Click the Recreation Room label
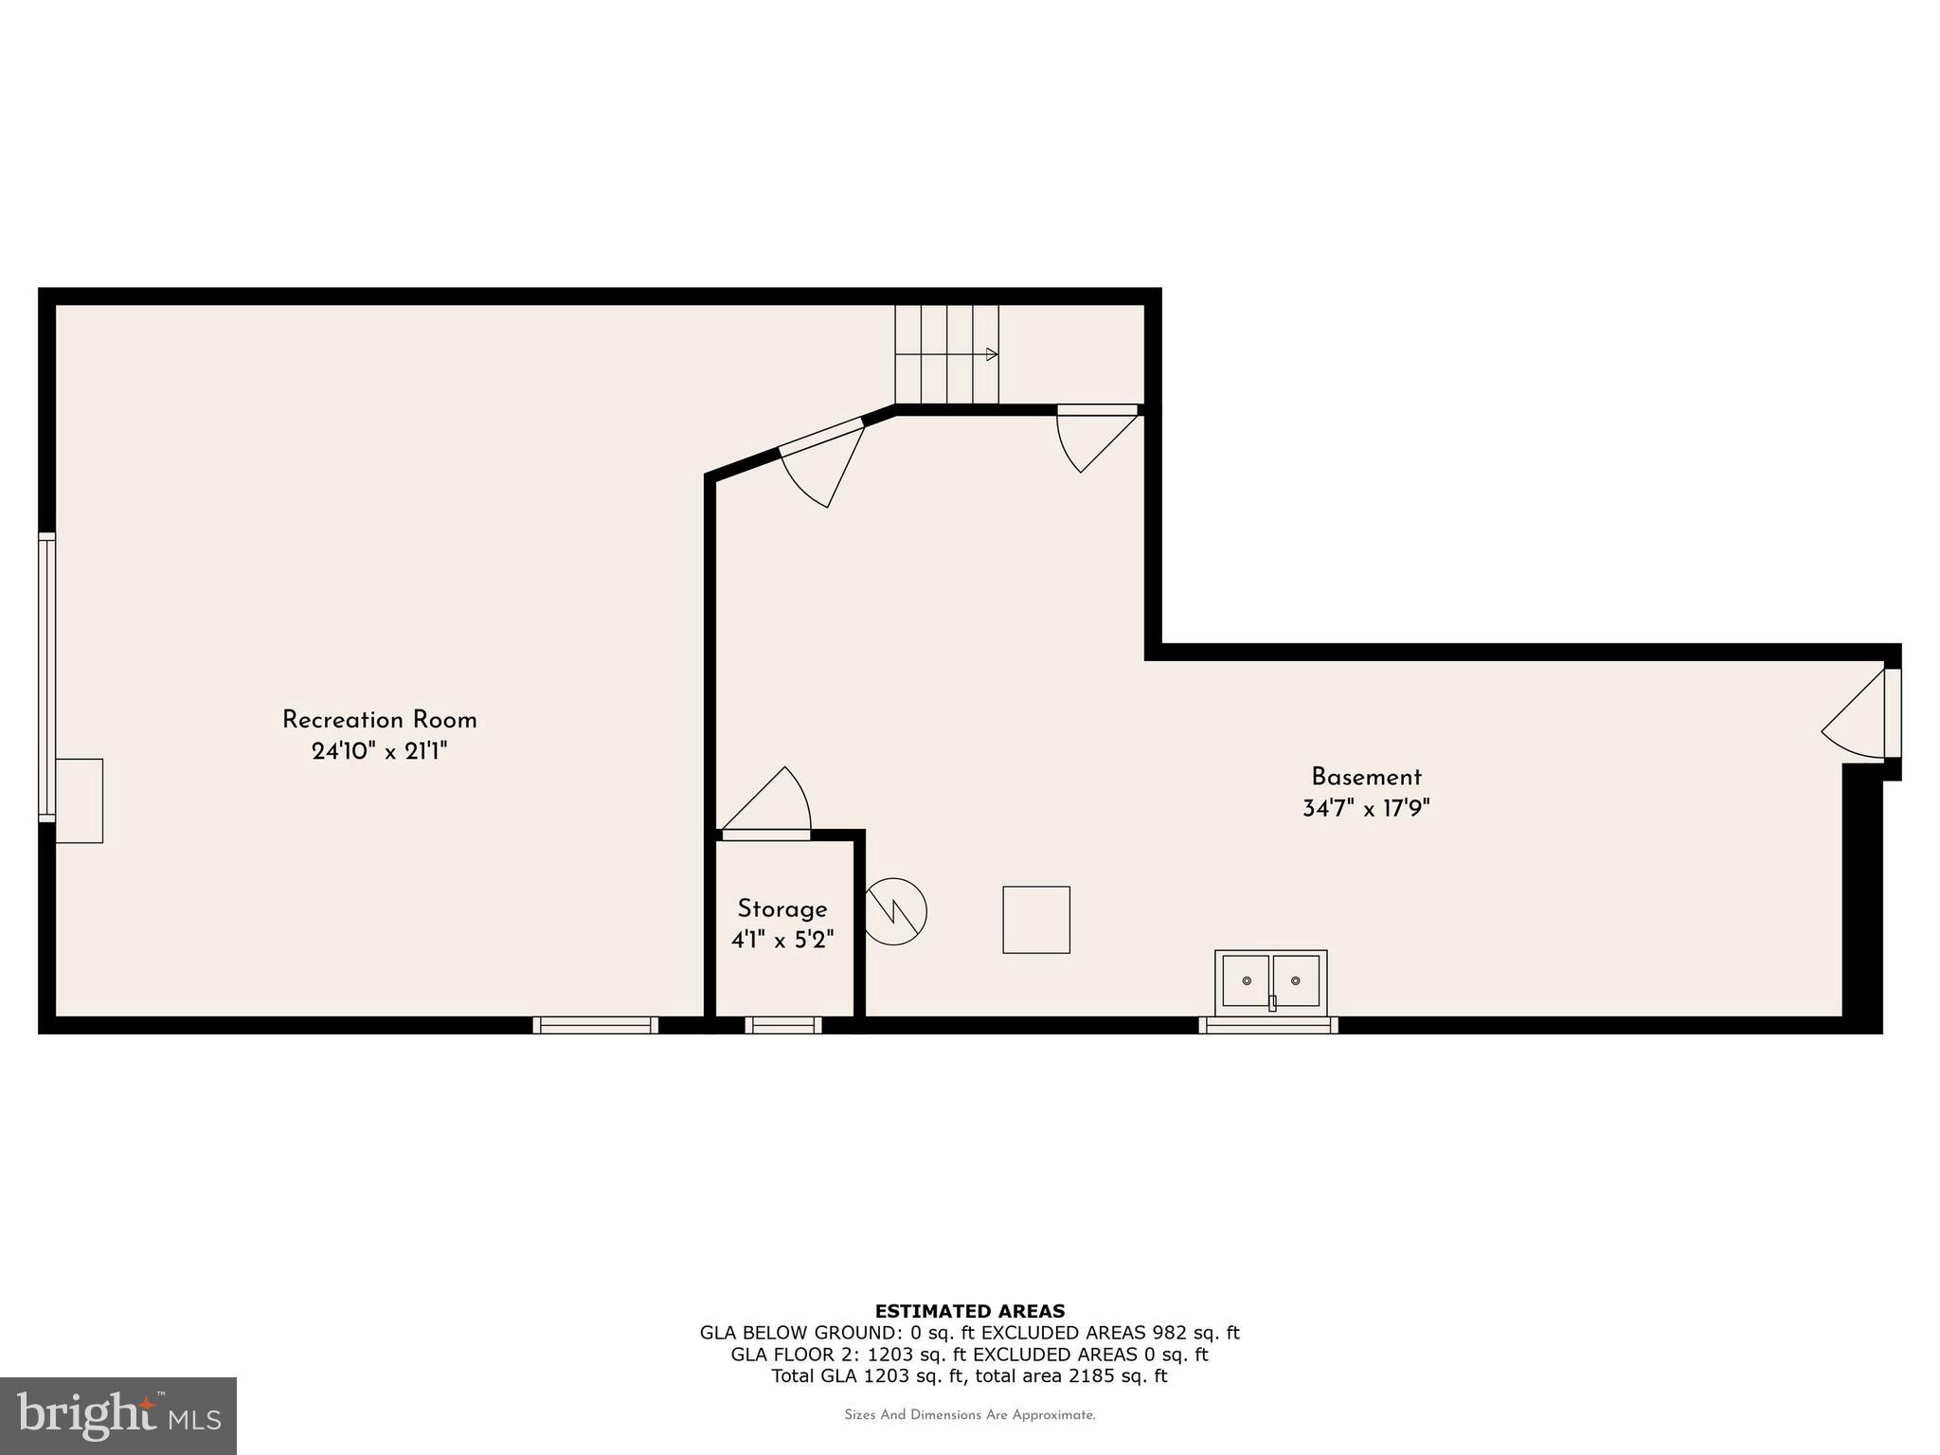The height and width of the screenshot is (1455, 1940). coord(379,720)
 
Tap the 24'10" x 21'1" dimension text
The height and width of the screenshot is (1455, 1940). coord(379,751)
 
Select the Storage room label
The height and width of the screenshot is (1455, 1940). coord(782,909)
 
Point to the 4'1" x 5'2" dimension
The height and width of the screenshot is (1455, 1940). coord(782,941)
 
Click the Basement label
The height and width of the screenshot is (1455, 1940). coord(1366,778)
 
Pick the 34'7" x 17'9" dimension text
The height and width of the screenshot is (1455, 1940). coord(1366,809)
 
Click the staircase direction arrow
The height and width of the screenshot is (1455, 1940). coord(991,354)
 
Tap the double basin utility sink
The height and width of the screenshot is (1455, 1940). coord(1270,980)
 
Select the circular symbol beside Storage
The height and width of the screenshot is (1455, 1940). coord(895,912)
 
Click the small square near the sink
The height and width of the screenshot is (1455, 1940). coord(1036,920)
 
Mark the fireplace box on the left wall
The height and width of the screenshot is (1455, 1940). coord(79,800)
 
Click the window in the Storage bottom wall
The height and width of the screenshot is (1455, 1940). coord(783,1025)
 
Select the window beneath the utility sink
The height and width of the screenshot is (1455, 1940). coord(1268,1025)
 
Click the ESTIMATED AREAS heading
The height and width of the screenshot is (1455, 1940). coord(969,1311)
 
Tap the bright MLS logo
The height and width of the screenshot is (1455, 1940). coord(118,1415)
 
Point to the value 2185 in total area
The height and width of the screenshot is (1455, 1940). coord(1091,1375)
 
